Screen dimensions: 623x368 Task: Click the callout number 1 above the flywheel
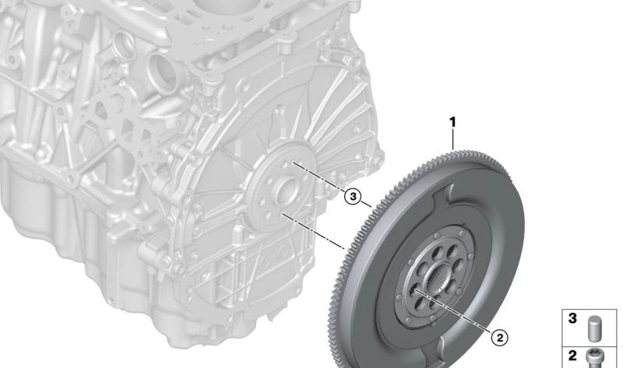(452, 122)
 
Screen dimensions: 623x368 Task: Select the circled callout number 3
(353, 196)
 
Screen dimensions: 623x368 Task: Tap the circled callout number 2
(499, 338)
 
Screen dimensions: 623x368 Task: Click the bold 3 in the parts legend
(572, 318)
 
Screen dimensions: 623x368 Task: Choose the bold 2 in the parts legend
(572, 356)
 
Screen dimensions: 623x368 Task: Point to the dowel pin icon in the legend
(595, 328)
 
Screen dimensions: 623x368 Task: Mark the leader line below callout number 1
(453, 140)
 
